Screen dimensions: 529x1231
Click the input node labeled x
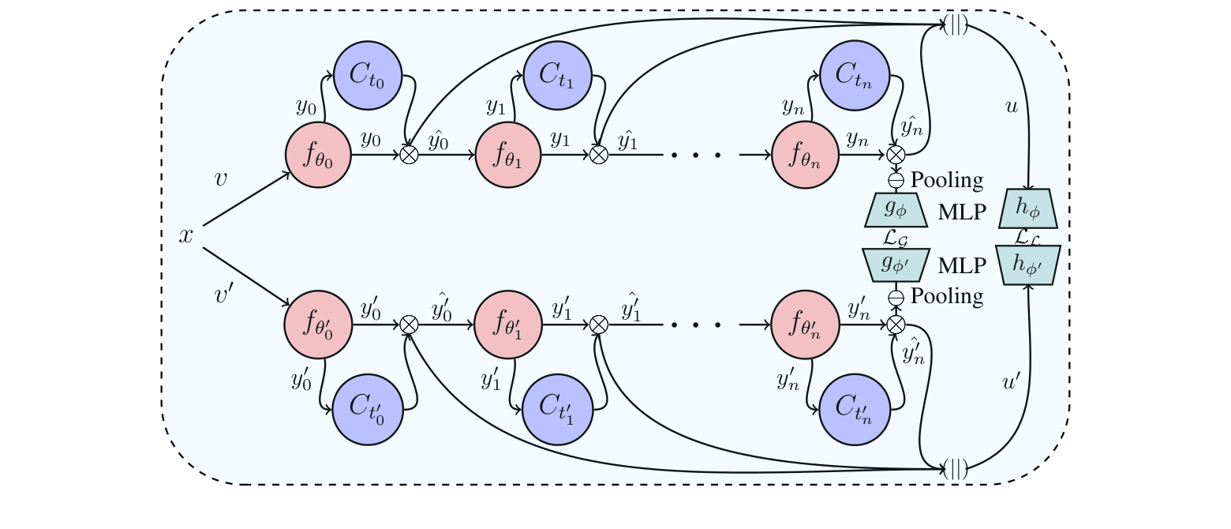tap(186, 236)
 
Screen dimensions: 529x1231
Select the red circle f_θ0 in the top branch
tap(318, 155)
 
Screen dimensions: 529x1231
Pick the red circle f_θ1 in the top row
tap(508, 155)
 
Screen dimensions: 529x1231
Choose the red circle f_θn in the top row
tap(806, 155)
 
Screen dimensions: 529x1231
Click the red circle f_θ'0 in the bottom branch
tap(318, 325)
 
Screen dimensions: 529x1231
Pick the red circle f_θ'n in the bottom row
tap(805, 325)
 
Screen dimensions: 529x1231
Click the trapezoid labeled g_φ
tap(896, 210)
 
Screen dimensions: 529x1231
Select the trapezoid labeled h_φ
tap(1027, 209)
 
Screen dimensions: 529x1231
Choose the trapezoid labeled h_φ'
tap(1027, 266)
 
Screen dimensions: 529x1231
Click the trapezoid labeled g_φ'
tap(896, 265)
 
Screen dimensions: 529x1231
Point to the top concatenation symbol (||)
tap(956, 25)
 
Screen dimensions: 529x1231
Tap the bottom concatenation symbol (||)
tap(956, 471)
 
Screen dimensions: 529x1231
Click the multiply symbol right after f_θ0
tap(409, 155)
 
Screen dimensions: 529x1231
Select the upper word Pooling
tap(947, 181)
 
